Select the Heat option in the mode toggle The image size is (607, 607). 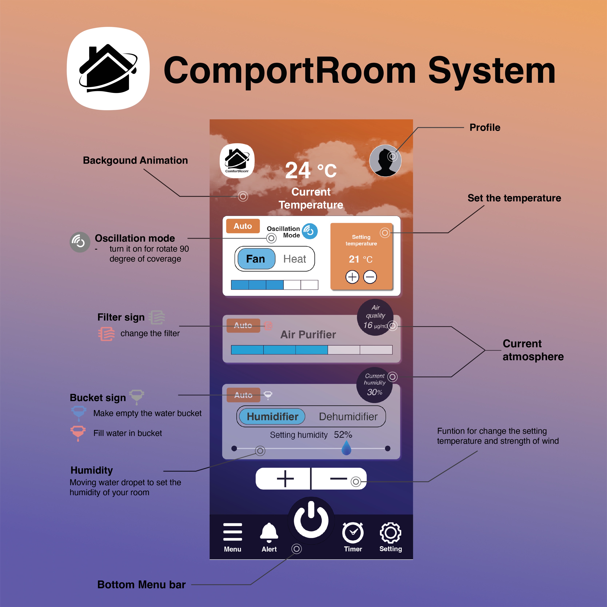pyautogui.click(x=294, y=259)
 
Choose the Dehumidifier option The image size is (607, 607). pyautogui.click(x=348, y=417)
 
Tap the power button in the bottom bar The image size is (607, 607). pyautogui.click(x=311, y=520)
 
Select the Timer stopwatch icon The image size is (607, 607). pyautogui.click(x=353, y=533)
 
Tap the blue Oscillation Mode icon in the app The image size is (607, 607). pyautogui.click(x=310, y=231)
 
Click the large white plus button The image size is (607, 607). pyautogui.click(x=285, y=479)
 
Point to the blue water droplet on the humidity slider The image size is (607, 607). pyautogui.click(x=346, y=448)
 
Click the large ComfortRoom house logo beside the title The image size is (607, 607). pyautogui.click(x=108, y=69)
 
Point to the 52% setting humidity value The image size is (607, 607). pyautogui.click(x=343, y=435)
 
